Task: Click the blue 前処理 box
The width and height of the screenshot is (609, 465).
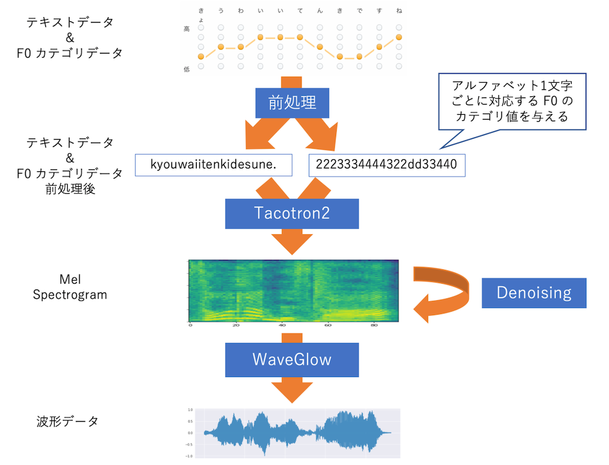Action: [292, 103]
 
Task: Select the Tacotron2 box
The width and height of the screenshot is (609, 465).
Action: [292, 213]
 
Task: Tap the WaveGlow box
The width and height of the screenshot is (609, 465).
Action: [292, 360]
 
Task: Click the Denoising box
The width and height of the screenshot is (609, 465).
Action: [534, 293]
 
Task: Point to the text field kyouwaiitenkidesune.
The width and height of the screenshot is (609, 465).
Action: [214, 165]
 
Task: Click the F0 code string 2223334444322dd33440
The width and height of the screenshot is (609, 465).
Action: [387, 165]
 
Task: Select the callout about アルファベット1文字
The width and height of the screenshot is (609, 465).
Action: [512, 102]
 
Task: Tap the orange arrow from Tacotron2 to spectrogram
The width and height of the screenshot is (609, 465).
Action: [292, 241]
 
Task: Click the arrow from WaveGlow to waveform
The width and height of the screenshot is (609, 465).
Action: [292, 391]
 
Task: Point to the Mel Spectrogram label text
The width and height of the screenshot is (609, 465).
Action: [70, 287]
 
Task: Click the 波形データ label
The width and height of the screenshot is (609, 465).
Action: [67, 422]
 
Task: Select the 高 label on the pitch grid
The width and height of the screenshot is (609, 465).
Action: [187, 29]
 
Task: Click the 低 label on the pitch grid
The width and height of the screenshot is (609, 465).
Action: [187, 69]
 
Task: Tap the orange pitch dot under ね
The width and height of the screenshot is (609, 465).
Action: [399, 37]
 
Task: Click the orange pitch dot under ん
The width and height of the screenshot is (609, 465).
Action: [319, 47]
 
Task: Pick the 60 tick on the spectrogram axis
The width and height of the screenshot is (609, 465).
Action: [328, 325]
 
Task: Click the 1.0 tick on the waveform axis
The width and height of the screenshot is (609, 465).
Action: [190, 410]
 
